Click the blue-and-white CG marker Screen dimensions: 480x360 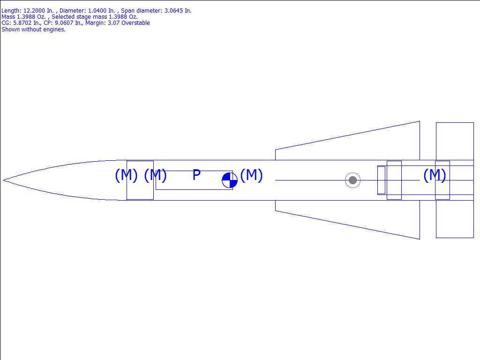click(x=230, y=180)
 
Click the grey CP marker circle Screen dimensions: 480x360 click(x=352, y=180)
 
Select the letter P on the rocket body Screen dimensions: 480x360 click(x=196, y=175)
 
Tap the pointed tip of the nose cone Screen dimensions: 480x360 click(x=3, y=180)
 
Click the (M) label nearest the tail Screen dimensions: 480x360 click(x=435, y=175)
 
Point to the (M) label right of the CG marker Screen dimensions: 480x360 click(x=251, y=175)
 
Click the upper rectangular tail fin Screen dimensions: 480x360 click(x=455, y=141)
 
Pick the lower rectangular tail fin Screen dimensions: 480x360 click(x=455, y=219)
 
